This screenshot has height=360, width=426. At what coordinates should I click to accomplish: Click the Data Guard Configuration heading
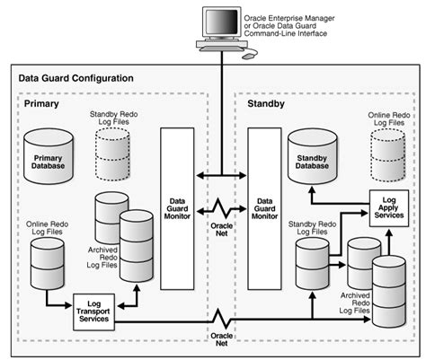76,78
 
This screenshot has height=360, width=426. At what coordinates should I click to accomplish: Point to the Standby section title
266,105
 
